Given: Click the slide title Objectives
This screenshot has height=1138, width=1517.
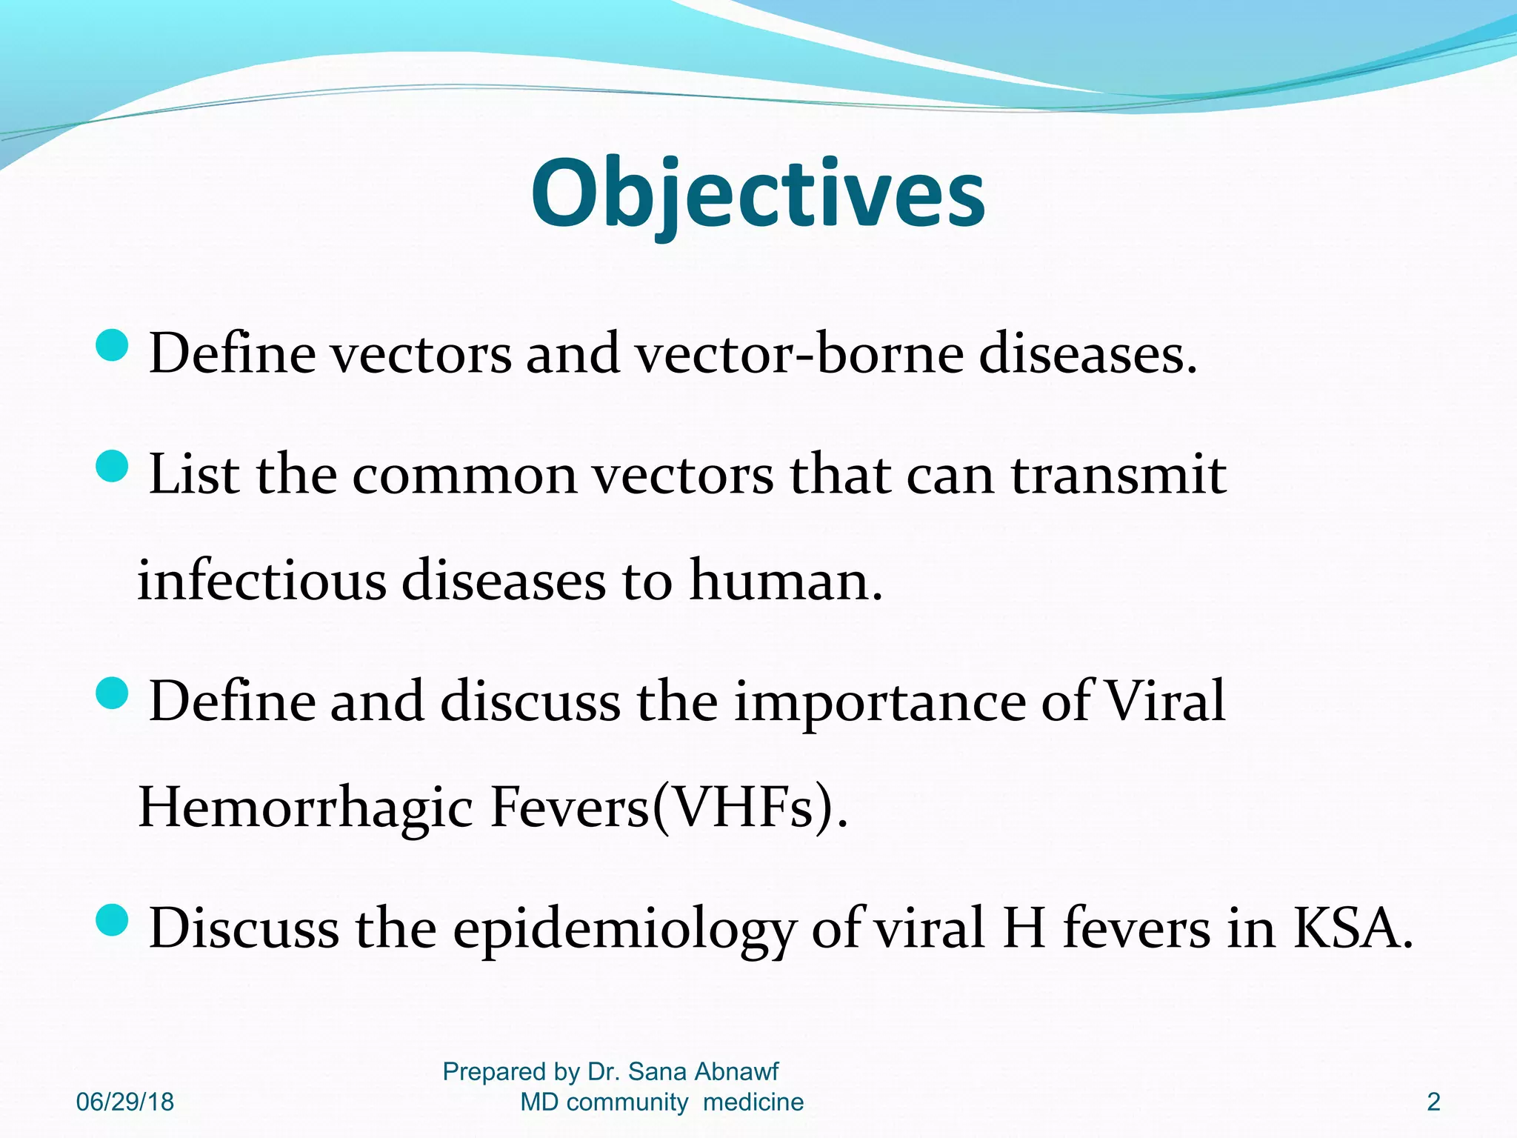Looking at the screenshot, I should [x=758, y=194].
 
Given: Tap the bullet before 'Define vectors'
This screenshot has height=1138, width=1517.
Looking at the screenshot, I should [x=113, y=345].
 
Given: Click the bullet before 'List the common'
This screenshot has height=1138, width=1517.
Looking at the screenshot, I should [x=113, y=467].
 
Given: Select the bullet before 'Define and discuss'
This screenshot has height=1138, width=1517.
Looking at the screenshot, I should [x=113, y=693].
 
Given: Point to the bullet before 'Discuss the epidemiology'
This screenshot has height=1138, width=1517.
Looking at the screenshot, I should [x=113, y=920].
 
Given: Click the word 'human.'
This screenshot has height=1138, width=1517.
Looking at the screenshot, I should [x=787, y=581].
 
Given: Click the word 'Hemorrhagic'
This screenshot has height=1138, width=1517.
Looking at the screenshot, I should [x=305, y=808].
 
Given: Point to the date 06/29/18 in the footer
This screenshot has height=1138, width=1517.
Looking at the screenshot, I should [x=124, y=1102].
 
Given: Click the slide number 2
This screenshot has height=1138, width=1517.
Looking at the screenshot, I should [x=1433, y=1102].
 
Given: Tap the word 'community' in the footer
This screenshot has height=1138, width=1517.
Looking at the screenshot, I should [x=627, y=1102].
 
